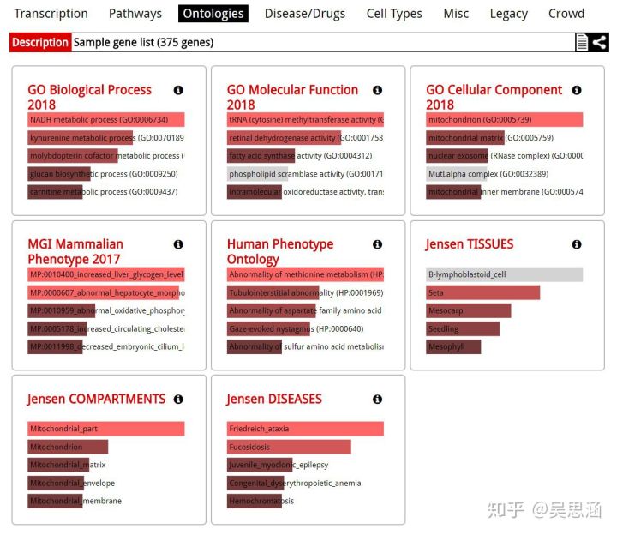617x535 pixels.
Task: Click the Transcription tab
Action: click(x=51, y=14)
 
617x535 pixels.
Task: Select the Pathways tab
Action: click(x=135, y=14)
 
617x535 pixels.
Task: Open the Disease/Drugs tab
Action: click(x=304, y=14)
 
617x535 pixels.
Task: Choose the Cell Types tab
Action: click(x=394, y=14)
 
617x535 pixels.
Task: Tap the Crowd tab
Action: click(x=566, y=14)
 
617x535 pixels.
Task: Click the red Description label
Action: click(x=40, y=42)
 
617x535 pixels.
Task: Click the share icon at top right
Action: click(x=599, y=42)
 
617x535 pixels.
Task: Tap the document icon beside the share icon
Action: click(x=582, y=42)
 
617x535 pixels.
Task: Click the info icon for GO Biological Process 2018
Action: click(x=178, y=90)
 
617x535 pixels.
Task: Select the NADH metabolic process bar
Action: click(x=105, y=120)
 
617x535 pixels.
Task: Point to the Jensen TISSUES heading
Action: click(x=470, y=244)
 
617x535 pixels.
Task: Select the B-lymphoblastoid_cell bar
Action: click(x=504, y=274)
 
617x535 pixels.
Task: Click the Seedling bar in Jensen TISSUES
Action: click(x=463, y=328)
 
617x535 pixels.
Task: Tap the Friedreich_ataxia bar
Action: click(x=305, y=429)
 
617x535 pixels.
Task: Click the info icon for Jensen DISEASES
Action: click(x=377, y=399)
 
